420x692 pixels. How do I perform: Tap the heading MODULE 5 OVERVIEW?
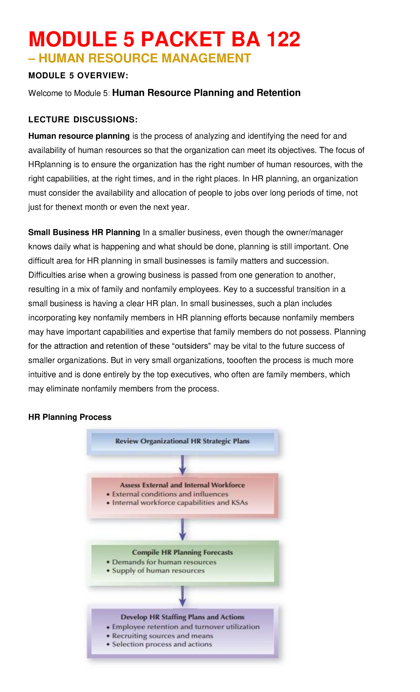click(x=78, y=76)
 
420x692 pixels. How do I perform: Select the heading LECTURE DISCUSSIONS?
click(x=83, y=120)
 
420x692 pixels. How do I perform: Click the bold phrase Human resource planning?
click(x=79, y=136)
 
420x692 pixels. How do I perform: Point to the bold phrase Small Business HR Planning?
click(x=84, y=233)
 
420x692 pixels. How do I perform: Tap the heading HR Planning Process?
click(x=70, y=417)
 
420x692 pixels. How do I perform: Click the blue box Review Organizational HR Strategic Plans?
click(x=182, y=441)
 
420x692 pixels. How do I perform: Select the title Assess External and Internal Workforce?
click(x=182, y=485)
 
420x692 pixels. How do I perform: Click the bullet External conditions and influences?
click(x=170, y=494)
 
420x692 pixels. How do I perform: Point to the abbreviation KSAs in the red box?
click(x=239, y=503)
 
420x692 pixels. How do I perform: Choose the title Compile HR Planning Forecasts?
click(x=182, y=552)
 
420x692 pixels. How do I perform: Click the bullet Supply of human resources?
click(x=158, y=570)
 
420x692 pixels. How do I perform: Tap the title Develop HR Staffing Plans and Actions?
click(x=182, y=617)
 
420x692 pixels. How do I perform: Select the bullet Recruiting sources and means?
click(x=162, y=636)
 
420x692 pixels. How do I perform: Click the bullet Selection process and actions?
click(x=162, y=644)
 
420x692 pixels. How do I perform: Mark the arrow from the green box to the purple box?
click(x=182, y=596)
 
